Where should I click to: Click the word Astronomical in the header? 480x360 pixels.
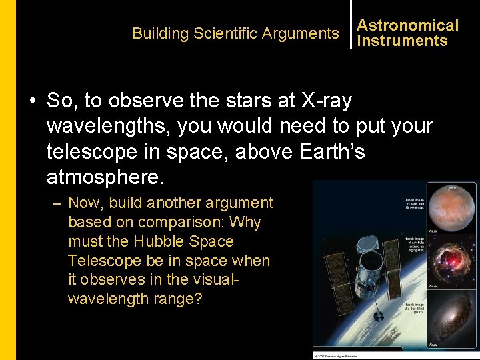click(407, 25)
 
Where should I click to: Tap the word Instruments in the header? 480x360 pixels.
click(402, 41)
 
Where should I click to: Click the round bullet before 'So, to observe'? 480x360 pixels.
click(32, 101)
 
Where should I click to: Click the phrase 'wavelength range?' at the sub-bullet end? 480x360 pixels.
click(135, 299)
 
